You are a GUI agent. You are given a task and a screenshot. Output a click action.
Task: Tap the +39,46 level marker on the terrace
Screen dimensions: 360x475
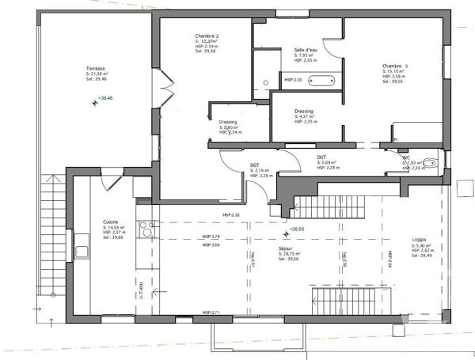click(101, 99)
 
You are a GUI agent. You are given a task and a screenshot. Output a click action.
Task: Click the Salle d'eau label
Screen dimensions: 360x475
click(306, 49)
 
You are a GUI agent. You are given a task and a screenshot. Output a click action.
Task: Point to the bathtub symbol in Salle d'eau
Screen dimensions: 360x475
click(322, 80)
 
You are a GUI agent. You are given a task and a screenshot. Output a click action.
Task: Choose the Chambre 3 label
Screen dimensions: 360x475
click(396, 66)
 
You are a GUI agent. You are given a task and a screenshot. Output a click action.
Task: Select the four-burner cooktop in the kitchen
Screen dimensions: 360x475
click(146, 229)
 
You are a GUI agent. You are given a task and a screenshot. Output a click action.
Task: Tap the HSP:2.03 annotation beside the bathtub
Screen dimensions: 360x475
click(294, 80)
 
